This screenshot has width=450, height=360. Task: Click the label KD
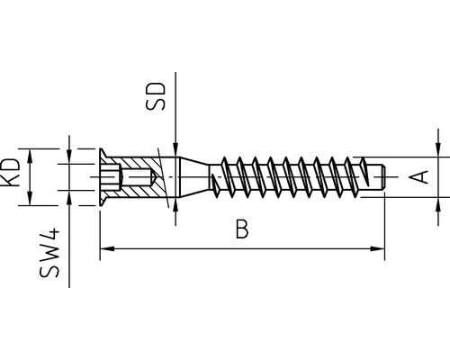[x=11, y=172]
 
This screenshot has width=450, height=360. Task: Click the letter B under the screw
[x=240, y=230]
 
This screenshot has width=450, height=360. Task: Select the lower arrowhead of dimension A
[x=439, y=191]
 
